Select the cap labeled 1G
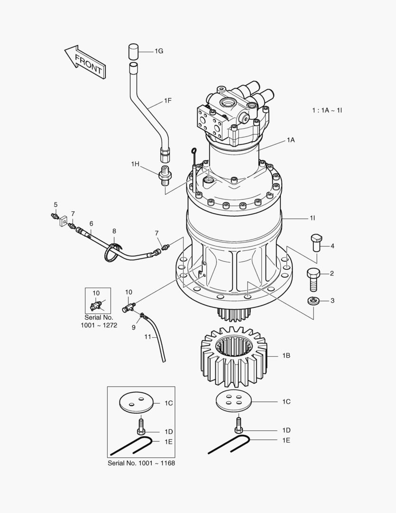click(x=133, y=51)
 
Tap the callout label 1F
click(x=168, y=101)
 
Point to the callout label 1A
click(x=291, y=140)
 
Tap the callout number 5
click(x=55, y=205)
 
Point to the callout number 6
click(x=91, y=223)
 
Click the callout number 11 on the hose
click(x=147, y=336)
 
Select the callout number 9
click(x=134, y=327)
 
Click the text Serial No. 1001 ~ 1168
click(x=141, y=463)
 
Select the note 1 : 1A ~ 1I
click(x=327, y=110)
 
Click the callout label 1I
click(x=313, y=218)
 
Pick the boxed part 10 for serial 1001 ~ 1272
click(x=98, y=303)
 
